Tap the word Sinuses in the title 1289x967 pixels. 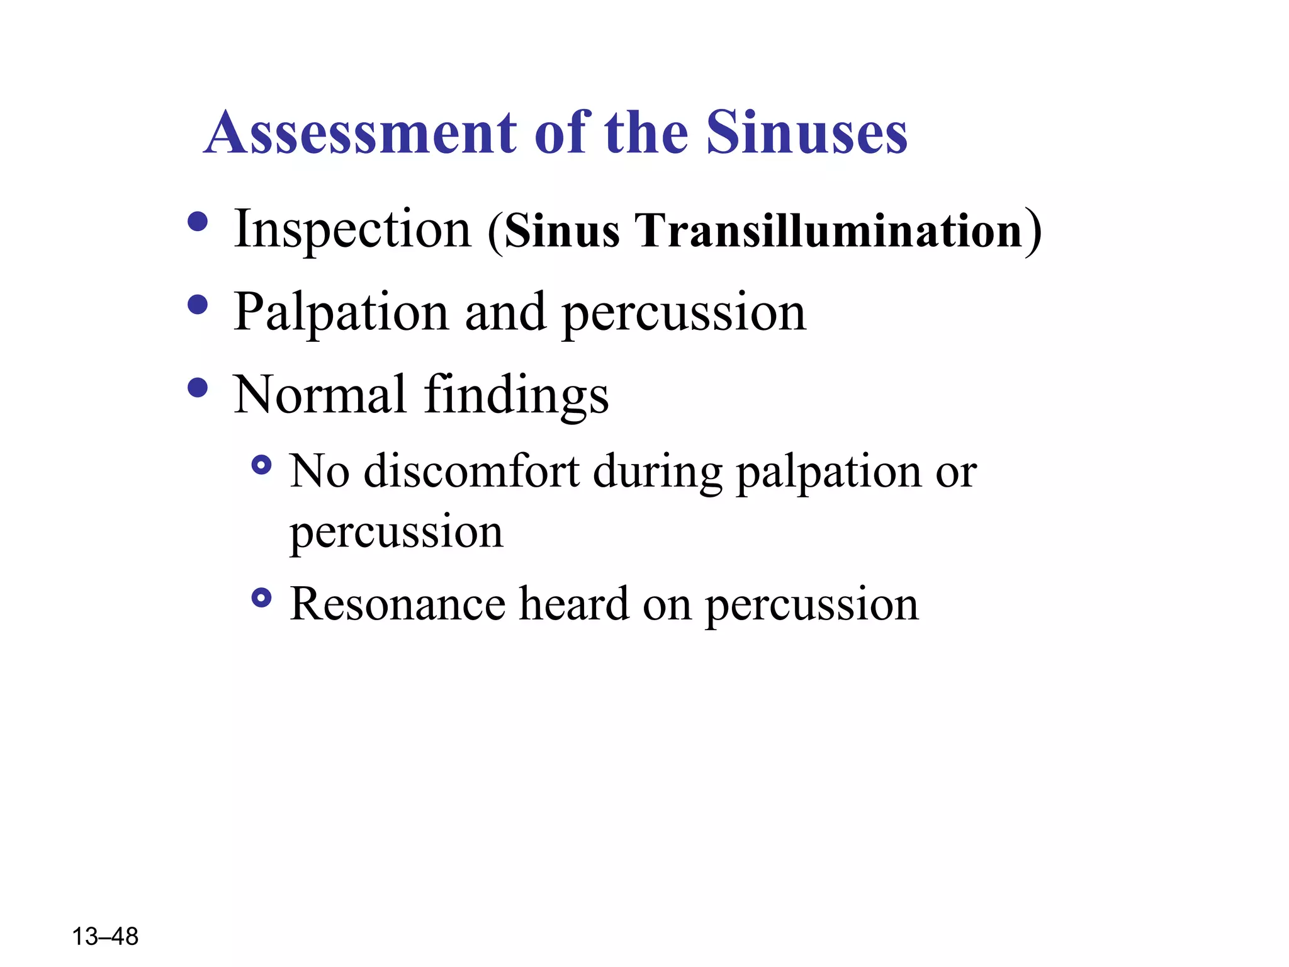click(x=806, y=133)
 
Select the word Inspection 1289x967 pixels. click(x=352, y=230)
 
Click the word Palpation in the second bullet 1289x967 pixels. click(x=341, y=312)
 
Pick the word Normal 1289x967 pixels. click(x=320, y=395)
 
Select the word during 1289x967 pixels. click(x=657, y=472)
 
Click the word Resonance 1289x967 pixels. click(x=397, y=604)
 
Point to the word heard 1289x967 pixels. click(x=574, y=604)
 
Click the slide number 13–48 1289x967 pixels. click(x=105, y=937)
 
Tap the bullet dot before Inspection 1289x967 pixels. click(x=198, y=222)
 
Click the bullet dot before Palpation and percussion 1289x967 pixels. click(x=198, y=305)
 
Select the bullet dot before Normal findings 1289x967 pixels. click(x=198, y=387)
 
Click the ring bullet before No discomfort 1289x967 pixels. click(x=261, y=466)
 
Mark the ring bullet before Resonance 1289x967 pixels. click(x=261, y=598)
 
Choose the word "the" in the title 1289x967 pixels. click(x=646, y=133)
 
